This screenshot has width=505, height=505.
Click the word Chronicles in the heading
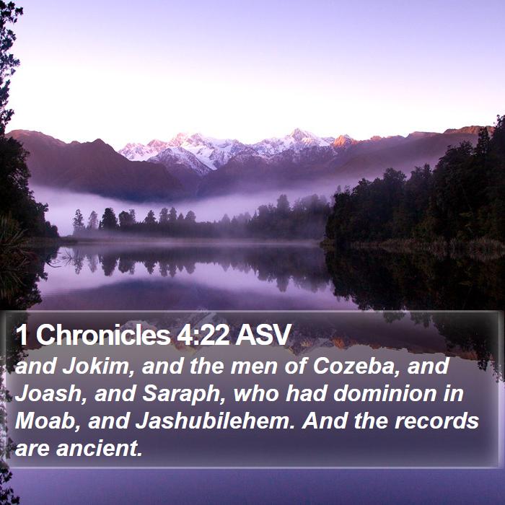[x=103, y=335]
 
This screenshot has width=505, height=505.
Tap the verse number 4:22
[x=203, y=335]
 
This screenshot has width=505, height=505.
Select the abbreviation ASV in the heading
[x=263, y=335]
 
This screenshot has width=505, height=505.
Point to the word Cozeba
[x=353, y=366]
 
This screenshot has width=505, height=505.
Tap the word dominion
[x=385, y=394]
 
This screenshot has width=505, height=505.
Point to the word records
[x=436, y=421]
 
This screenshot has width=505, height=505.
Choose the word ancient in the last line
[x=100, y=449]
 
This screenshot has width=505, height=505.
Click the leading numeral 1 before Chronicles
[x=21, y=335]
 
